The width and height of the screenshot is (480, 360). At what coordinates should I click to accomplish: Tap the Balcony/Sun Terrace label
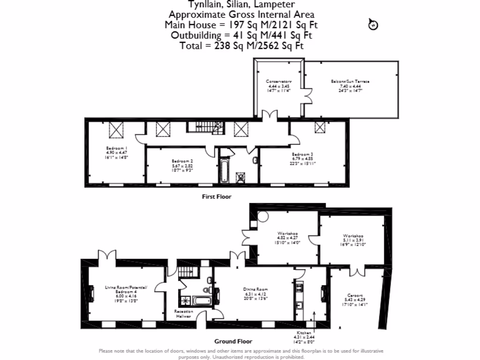(x=350, y=82)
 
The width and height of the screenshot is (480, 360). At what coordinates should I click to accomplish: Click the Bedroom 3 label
(x=302, y=154)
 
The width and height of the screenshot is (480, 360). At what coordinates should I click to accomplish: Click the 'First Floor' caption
(x=217, y=197)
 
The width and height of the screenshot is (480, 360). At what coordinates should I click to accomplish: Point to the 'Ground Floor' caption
(x=233, y=341)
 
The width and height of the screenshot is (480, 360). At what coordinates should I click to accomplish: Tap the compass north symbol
(x=373, y=24)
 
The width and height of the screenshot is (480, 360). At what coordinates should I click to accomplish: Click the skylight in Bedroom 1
(x=116, y=128)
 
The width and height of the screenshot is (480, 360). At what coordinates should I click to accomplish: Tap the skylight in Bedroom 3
(x=320, y=127)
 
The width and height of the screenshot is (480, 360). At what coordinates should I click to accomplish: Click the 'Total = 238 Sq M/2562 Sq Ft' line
(x=241, y=45)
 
